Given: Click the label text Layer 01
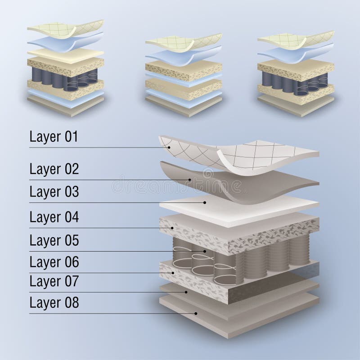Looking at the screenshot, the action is click(x=54, y=137).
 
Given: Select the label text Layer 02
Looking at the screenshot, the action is click(x=54, y=169).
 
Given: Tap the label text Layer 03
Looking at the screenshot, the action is click(x=54, y=192).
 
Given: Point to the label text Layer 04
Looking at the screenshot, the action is click(x=54, y=217).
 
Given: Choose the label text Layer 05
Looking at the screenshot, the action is click(x=54, y=241).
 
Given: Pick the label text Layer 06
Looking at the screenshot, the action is click(x=54, y=262).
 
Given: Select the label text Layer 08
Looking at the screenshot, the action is click(x=54, y=302).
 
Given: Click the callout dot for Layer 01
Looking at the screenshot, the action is click(x=169, y=148).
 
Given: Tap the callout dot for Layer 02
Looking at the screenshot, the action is click(x=190, y=180).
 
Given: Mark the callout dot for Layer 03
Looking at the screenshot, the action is click(x=204, y=202).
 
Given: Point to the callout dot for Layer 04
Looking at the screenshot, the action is click(x=172, y=228).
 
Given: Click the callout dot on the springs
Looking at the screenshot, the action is click(x=205, y=251).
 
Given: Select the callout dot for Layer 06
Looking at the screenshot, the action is click(x=173, y=273).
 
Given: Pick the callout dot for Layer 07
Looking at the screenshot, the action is click(x=186, y=292).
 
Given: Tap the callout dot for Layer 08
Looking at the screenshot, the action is click(x=196, y=313).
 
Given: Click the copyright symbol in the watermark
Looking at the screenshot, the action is click(x=208, y=173).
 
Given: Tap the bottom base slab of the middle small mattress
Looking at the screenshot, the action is click(x=184, y=106).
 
